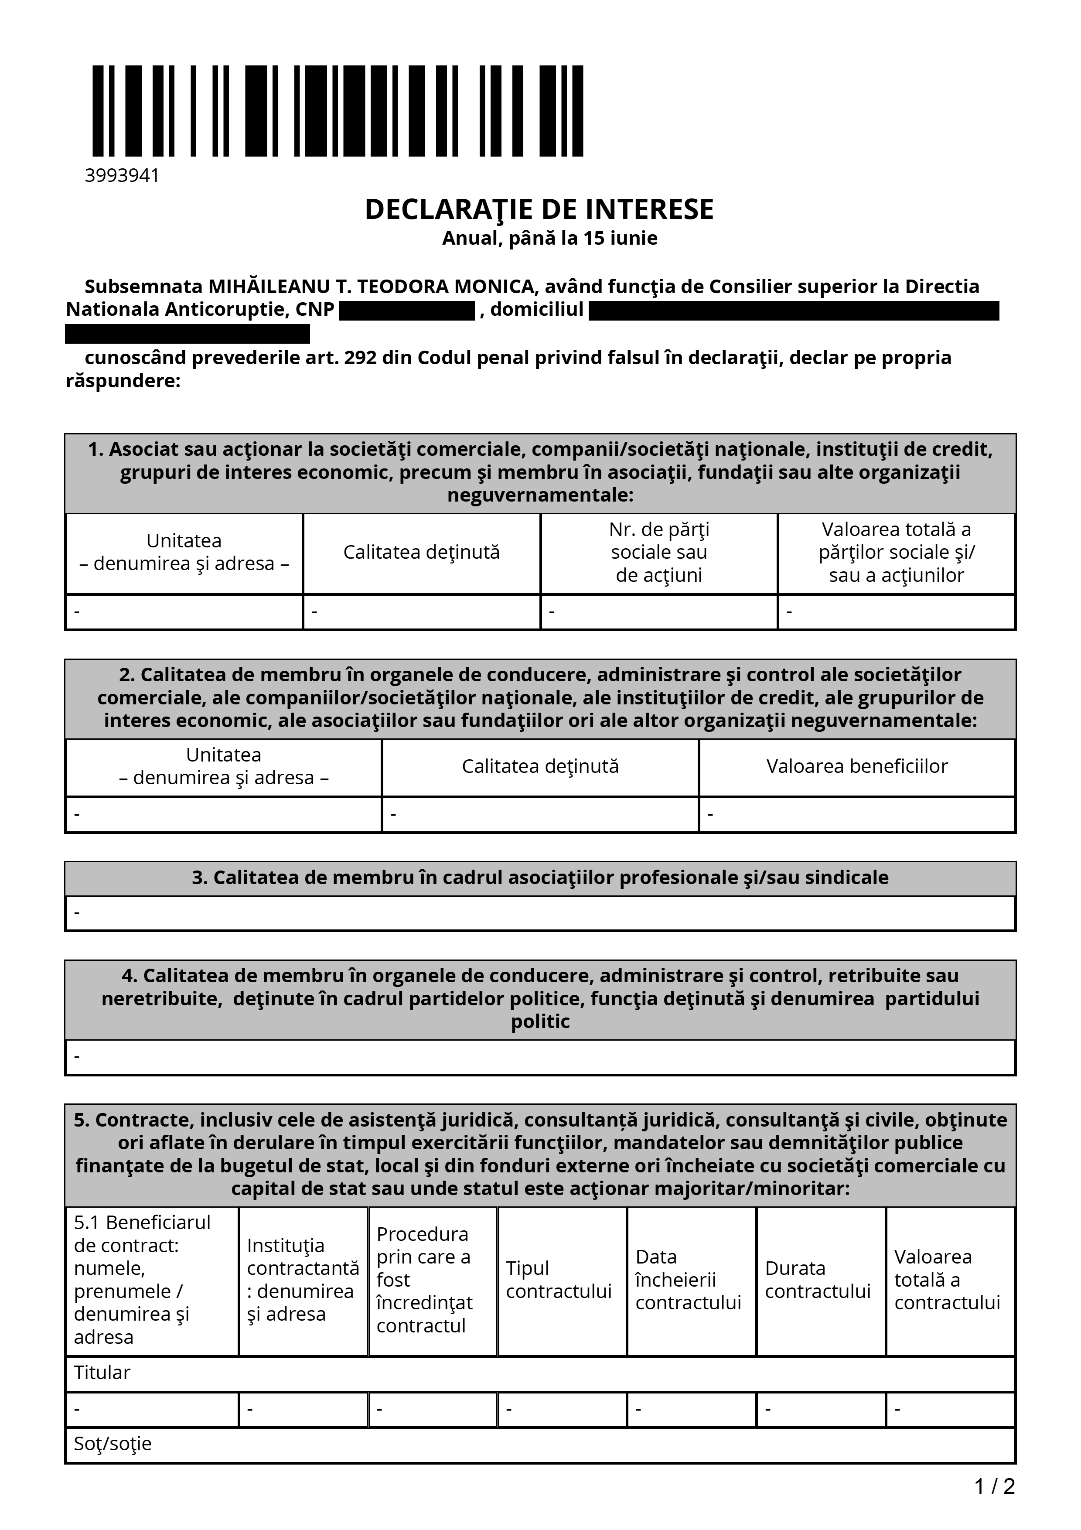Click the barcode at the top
click(x=338, y=111)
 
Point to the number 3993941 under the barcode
click(x=122, y=175)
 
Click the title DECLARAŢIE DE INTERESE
click(x=539, y=209)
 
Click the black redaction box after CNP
click(x=406, y=311)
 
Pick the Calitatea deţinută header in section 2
click(x=540, y=766)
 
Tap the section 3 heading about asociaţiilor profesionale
click(x=540, y=878)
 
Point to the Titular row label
click(x=102, y=1372)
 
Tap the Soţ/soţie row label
click(x=113, y=1443)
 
